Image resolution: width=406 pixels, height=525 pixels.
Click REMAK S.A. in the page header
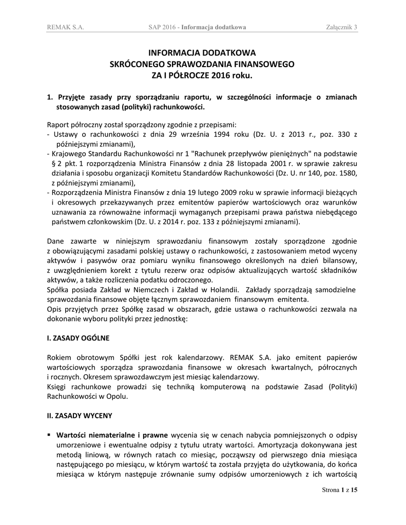65,27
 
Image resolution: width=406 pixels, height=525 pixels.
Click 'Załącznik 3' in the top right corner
341,27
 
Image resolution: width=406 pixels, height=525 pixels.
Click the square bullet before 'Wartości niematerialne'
49,434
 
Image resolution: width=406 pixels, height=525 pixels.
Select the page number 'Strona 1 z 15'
339,490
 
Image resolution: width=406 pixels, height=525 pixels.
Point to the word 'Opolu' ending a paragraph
115,396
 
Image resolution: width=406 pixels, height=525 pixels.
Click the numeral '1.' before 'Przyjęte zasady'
50,96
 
